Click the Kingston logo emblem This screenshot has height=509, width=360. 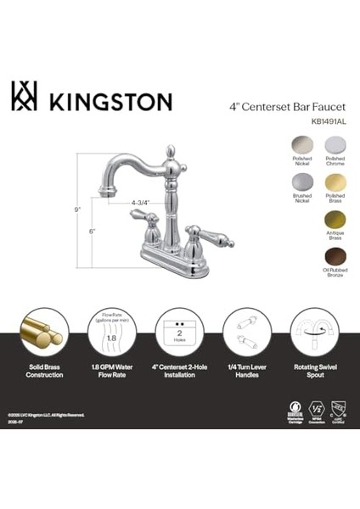(25, 97)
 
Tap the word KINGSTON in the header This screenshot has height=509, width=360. (110, 101)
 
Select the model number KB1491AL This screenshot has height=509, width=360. (328, 121)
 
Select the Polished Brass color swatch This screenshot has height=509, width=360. (335, 182)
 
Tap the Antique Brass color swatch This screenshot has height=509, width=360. (335, 220)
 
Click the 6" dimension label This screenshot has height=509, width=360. (92, 231)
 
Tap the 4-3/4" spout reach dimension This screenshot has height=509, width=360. (141, 203)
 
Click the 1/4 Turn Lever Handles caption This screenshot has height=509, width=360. (247, 371)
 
